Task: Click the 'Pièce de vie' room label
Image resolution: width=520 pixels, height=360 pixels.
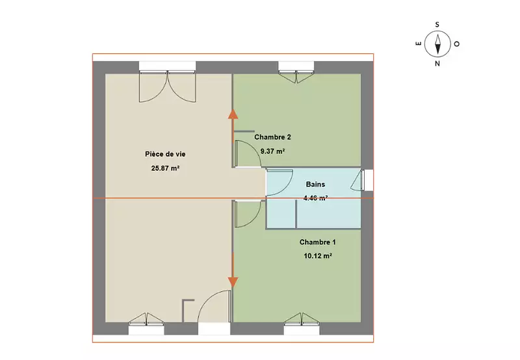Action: tap(165, 154)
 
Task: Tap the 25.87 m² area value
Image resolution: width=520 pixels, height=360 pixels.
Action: tap(165, 168)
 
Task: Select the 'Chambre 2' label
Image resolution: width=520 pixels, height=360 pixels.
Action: tap(272, 137)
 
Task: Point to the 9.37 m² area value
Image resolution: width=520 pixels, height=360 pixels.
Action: tap(272, 151)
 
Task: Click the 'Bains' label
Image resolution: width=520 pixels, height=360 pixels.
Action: tap(315, 185)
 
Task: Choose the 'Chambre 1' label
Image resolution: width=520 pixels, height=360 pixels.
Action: tap(317, 242)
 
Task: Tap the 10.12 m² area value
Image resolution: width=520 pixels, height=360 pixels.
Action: tap(318, 256)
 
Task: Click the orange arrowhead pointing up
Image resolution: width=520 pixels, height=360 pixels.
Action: tap(233, 113)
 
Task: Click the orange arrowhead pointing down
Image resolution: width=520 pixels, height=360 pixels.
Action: tap(233, 283)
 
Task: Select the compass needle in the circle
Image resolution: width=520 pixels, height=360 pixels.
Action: tap(437, 44)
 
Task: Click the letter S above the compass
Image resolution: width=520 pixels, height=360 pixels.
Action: tap(437, 25)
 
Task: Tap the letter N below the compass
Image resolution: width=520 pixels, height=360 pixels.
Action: tap(437, 64)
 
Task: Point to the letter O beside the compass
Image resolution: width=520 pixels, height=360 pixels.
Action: tap(457, 44)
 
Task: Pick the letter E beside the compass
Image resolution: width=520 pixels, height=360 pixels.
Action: tap(419, 44)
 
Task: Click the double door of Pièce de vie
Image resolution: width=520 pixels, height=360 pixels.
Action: tap(168, 86)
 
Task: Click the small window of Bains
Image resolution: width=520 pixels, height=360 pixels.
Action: tap(362, 180)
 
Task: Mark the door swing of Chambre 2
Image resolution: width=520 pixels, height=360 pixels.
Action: tap(248, 153)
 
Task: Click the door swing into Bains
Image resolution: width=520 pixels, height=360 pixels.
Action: tap(279, 183)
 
